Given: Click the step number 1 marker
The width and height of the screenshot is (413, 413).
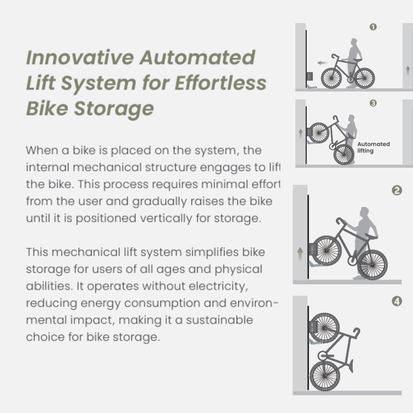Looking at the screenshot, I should pyautogui.click(x=373, y=27).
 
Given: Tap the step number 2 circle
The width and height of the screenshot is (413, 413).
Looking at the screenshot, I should pyautogui.click(x=397, y=190).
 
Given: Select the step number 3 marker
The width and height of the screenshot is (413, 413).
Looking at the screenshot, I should pyautogui.click(x=373, y=103).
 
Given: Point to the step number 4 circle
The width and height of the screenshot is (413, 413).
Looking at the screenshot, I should pyautogui.click(x=397, y=301).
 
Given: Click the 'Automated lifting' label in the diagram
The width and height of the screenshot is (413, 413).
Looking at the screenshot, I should pyautogui.click(x=373, y=147).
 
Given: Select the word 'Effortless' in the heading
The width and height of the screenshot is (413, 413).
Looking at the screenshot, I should pyautogui.click(x=220, y=83).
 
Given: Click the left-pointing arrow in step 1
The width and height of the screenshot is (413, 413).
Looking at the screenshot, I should pyautogui.click(x=322, y=63).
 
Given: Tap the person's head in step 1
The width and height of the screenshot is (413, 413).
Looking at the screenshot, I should pyautogui.click(x=354, y=42).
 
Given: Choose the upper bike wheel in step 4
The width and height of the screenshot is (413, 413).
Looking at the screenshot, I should pyautogui.click(x=324, y=328).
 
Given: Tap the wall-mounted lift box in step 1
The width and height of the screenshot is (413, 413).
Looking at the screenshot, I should pyautogui.click(x=309, y=76).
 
